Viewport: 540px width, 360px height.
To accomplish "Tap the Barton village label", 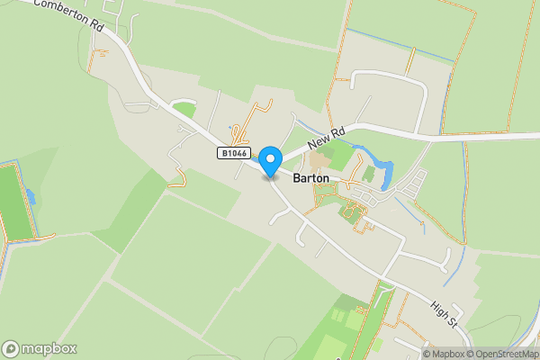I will pos(311,179).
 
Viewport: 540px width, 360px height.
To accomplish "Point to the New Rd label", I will pos(326,138).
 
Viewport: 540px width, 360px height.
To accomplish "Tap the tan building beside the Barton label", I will pos(317,162).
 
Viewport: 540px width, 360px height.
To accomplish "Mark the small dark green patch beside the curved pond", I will pos(369,173).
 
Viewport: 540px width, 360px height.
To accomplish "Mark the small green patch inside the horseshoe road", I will pos(184,109).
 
